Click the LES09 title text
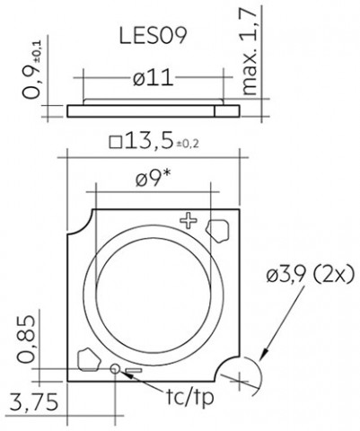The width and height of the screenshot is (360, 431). [x=154, y=36]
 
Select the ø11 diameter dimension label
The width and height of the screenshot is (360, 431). [x=154, y=77]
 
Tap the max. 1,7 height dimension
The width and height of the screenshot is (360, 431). [x=250, y=51]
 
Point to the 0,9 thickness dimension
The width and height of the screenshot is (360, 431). [x=31, y=70]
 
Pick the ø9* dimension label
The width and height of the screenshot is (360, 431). [x=153, y=178]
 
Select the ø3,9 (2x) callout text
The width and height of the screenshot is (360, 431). [x=311, y=274]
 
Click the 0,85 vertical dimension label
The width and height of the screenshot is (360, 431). [x=26, y=339]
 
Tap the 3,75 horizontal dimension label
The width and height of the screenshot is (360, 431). [x=33, y=401]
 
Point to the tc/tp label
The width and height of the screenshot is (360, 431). [x=189, y=397]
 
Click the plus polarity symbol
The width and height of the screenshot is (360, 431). [x=189, y=220]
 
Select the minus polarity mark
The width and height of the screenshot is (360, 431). [x=134, y=371]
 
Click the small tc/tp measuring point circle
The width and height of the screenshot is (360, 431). [x=115, y=368]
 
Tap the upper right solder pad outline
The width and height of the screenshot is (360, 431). [x=217, y=231]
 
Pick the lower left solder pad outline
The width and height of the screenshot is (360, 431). [x=89, y=359]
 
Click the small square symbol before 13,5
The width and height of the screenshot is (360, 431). [x=116, y=142]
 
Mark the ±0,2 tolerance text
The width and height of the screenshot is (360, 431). [x=188, y=145]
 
